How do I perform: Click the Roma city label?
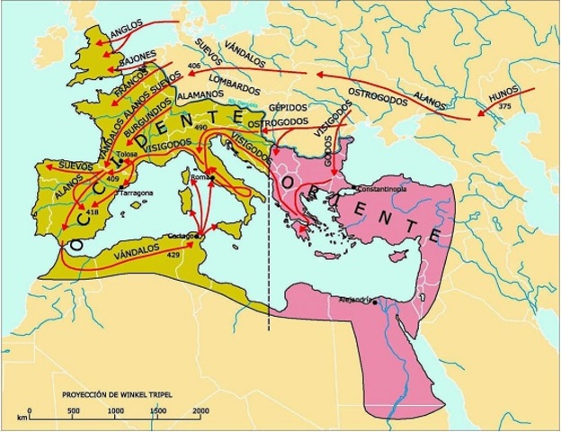pos(201,179)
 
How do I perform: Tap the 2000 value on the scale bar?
pos(200,410)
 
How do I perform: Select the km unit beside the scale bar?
pos(20,418)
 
